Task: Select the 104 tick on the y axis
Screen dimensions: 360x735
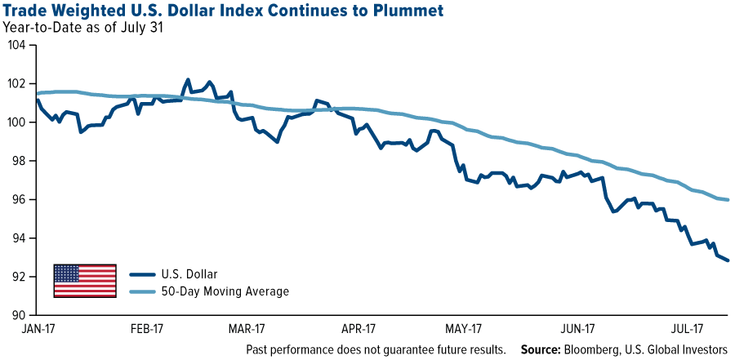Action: click(18, 46)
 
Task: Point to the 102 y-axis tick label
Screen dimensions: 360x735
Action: click(18, 84)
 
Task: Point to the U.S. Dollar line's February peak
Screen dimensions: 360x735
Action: click(188, 80)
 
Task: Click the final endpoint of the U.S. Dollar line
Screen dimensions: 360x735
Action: click(728, 260)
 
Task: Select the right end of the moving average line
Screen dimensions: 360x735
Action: click(728, 200)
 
